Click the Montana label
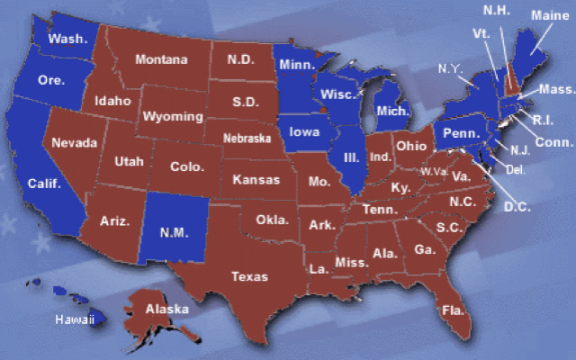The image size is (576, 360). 162,60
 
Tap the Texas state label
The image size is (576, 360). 249,276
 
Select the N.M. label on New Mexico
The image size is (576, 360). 173,232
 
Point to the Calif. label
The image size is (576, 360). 43,183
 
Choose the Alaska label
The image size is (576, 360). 168,310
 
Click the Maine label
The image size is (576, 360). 549,15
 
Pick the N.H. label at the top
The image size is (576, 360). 497,10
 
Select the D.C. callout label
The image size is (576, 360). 517,207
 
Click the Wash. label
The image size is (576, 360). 67,39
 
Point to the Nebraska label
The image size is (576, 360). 247,139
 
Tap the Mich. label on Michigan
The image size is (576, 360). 393,111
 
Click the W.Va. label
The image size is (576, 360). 434,171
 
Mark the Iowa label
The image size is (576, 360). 304,132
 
